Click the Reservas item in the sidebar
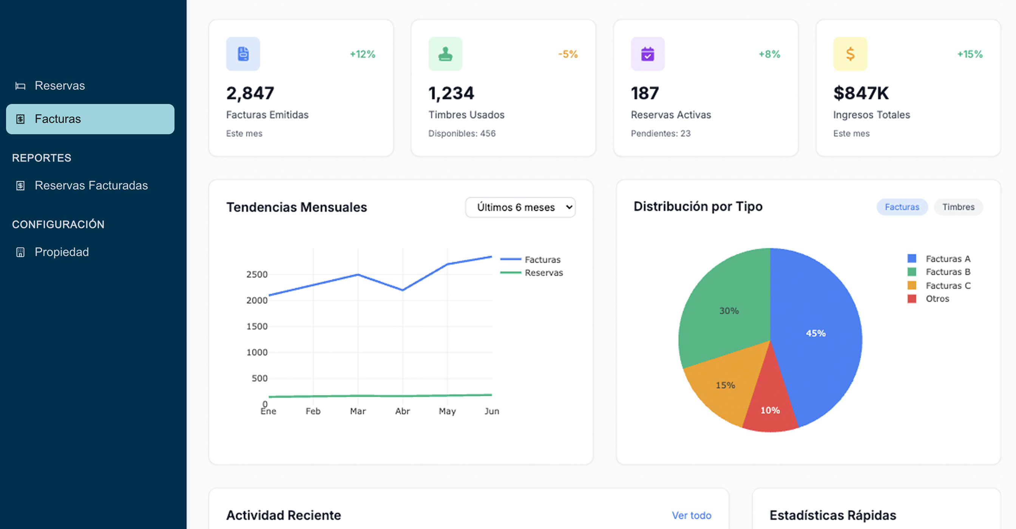point(59,86)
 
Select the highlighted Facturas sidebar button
point(90,119)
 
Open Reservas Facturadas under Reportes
point(91,186)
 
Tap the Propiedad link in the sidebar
point(62,252)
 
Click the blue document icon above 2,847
point(243,54)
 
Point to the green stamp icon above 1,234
point(445,54)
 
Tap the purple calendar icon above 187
point(648,54)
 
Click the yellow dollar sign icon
point(850,54)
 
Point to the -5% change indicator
point(568,54)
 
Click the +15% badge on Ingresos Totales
point(970,54)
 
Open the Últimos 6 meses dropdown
point(520,207)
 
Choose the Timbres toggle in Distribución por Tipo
point(958,207)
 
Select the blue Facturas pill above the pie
point(902,207)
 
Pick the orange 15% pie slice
point(725,385)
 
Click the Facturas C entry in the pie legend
point(948,285)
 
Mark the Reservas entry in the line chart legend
point(543,273)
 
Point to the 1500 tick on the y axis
point(257,326)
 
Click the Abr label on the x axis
point(402,411)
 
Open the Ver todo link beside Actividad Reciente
point(692,515)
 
